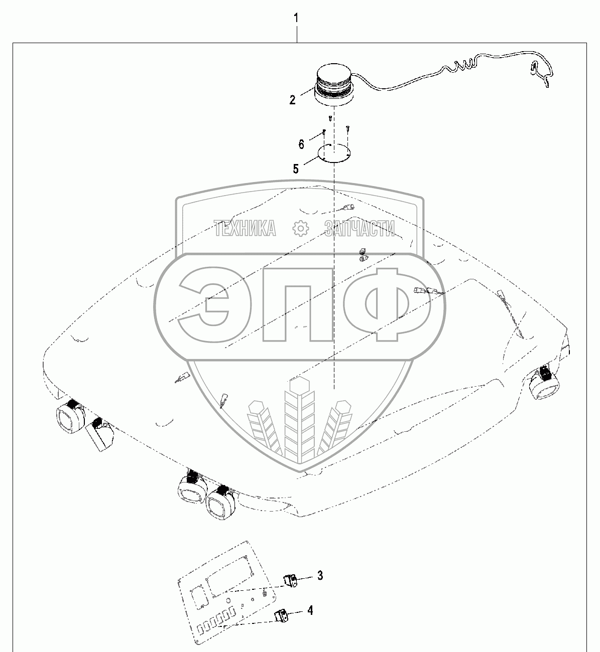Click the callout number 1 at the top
click(x=296, y=19)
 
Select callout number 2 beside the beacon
click(x=292, y=99)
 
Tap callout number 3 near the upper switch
click(x=319, y=575)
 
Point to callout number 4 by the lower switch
click(x=310, y=610)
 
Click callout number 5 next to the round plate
click(x=296, y=169)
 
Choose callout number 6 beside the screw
click(x=301, y=144)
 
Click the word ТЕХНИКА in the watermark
click(x=245, y=229)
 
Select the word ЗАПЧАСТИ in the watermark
click(x=359, y=229)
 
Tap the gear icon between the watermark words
click(x=300, y=229)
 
